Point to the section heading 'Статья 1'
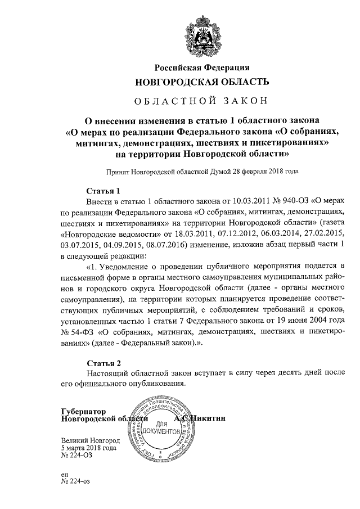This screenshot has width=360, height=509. tap(104, 190)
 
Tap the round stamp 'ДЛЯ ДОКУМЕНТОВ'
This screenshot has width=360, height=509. tap(162, 427)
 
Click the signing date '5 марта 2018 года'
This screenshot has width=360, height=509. tap(89, 448)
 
